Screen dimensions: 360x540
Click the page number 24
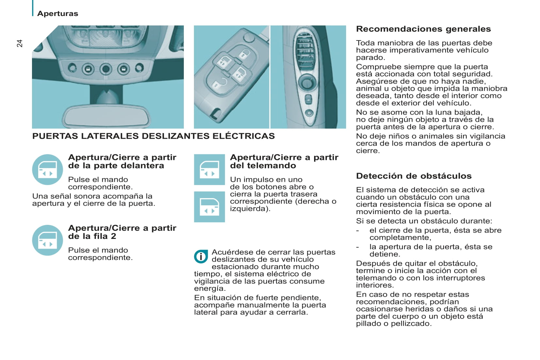(x=20, y=43)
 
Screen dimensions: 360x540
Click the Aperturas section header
(x=57, y=13)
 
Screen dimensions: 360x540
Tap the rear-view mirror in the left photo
(x=107, y=117)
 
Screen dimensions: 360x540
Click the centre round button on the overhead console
(x=105, y=69)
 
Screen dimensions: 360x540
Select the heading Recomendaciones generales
(x=423, y=29)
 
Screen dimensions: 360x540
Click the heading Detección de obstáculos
(x=414, y=176)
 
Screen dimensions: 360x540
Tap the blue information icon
(x=201, y=257)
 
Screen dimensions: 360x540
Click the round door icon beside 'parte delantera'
(x=47, y=170)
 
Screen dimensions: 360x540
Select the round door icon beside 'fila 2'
(x=47, y=240)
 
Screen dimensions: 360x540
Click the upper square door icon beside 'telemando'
(x=209, y=169)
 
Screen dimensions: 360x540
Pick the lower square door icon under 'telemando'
(x=209, y=207)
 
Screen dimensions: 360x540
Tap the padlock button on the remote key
(x=245, y=53)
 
